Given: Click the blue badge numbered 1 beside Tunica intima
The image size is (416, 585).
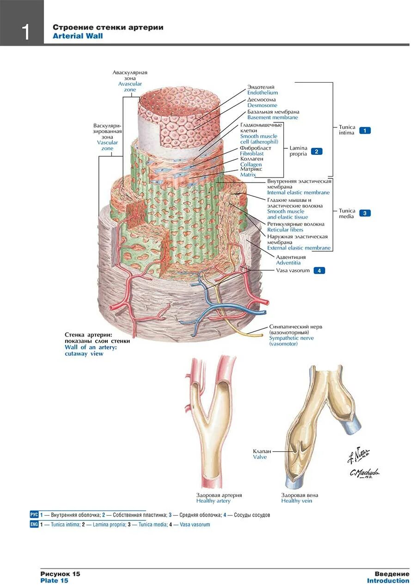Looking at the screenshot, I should point(365,130).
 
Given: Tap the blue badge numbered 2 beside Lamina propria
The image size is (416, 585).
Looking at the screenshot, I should point(317,151).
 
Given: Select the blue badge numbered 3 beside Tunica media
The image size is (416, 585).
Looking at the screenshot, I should point(365,213).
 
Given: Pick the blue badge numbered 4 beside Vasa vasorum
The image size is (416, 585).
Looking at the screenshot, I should point(319,270).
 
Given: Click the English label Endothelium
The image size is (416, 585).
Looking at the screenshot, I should point(262,93).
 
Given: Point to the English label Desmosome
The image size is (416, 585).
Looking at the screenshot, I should point(262,105).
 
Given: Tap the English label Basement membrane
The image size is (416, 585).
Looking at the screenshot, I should point(272,117).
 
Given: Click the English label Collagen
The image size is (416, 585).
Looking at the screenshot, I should point(251,165).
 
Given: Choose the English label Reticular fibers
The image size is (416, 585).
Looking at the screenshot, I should point(285,230).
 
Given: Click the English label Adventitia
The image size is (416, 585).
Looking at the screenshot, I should point(288,263).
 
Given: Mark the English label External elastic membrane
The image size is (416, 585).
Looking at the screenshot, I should point(299,248).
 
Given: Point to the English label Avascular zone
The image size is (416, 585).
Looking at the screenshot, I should point(130,86).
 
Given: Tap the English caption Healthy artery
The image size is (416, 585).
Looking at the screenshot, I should point(213,501).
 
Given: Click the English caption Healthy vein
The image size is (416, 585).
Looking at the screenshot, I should point(296,501).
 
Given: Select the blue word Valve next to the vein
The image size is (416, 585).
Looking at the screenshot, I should point(259,457).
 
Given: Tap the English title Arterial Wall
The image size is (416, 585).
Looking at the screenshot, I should point(78,36).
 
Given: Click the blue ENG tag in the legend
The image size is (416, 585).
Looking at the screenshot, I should point(34,524).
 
